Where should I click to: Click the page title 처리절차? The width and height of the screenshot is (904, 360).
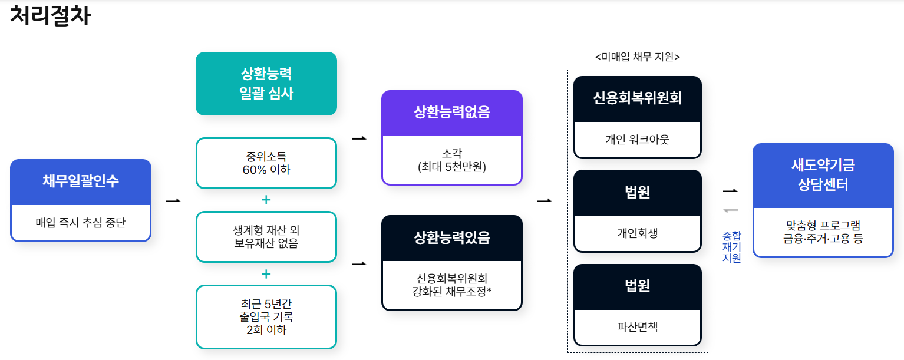click(50, 16)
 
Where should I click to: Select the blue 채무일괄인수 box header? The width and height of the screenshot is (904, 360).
click(81, 181)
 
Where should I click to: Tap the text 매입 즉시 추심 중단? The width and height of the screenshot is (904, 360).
click(81, 223)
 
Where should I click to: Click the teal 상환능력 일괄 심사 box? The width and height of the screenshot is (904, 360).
click(266, 84)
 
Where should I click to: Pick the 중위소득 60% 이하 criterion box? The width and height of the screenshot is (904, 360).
click(266, 163)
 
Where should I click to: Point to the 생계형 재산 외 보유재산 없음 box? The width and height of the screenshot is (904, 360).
click(266, 236)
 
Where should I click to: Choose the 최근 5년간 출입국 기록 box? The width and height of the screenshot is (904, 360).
click(266, 317)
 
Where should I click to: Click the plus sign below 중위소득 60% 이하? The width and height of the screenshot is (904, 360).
click(266, 200)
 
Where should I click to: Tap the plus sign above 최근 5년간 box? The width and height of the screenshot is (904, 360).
click(266, 274)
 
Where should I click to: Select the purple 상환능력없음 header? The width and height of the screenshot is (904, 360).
click(451, 113)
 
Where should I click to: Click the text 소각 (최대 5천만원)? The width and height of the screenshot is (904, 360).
click(451, 160)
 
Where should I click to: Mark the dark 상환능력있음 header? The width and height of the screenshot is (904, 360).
click(451, 237)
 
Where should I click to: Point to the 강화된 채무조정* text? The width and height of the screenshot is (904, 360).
click(451, 290)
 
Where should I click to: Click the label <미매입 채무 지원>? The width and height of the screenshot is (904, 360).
click(637, 57)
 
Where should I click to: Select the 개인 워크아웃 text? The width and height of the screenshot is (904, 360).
click(637, 140)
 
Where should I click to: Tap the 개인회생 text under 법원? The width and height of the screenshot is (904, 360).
click(637, 233)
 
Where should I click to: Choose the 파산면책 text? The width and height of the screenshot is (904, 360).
click(637, 326)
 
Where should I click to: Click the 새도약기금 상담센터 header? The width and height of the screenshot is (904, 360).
click(823, 175)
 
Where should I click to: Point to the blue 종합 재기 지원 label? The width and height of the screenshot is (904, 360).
click(731, 247)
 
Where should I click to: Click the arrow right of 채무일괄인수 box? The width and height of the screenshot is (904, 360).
click(173, 201)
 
